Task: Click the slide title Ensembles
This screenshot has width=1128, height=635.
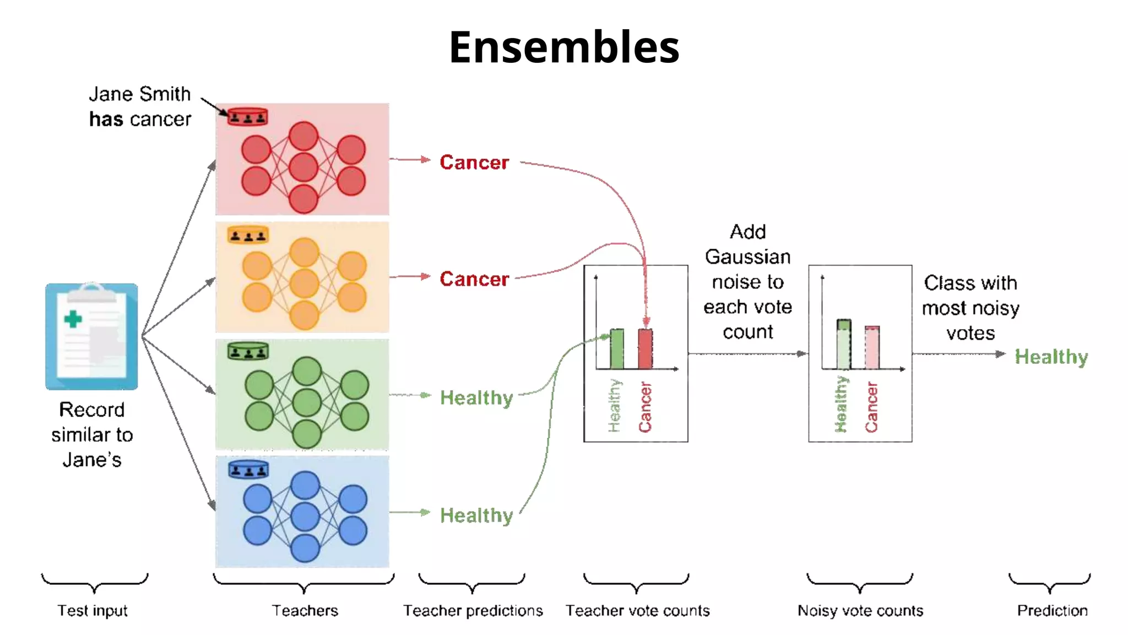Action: [564, 47]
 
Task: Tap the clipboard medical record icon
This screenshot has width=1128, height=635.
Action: [91, 336]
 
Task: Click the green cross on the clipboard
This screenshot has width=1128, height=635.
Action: [73, 319]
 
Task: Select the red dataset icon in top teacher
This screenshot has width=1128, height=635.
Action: [247, 117]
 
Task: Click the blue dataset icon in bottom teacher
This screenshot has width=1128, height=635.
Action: [248, 470]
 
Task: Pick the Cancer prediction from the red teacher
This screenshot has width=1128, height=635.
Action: [474, 162]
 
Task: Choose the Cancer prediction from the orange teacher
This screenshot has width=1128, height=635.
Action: [474, 279]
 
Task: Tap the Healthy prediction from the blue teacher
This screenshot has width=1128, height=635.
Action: [476, 515]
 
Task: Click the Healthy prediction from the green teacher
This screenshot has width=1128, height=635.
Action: [476, 397]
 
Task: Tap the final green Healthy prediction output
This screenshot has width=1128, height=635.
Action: [1051, 357]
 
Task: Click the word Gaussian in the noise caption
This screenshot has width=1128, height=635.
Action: [747, 257]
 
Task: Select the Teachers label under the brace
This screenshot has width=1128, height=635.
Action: [305, 610]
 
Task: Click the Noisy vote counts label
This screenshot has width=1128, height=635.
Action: [860, 610]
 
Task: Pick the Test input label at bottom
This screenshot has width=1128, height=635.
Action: [93, 610]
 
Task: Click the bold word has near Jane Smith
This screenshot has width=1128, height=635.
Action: [106, 119]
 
